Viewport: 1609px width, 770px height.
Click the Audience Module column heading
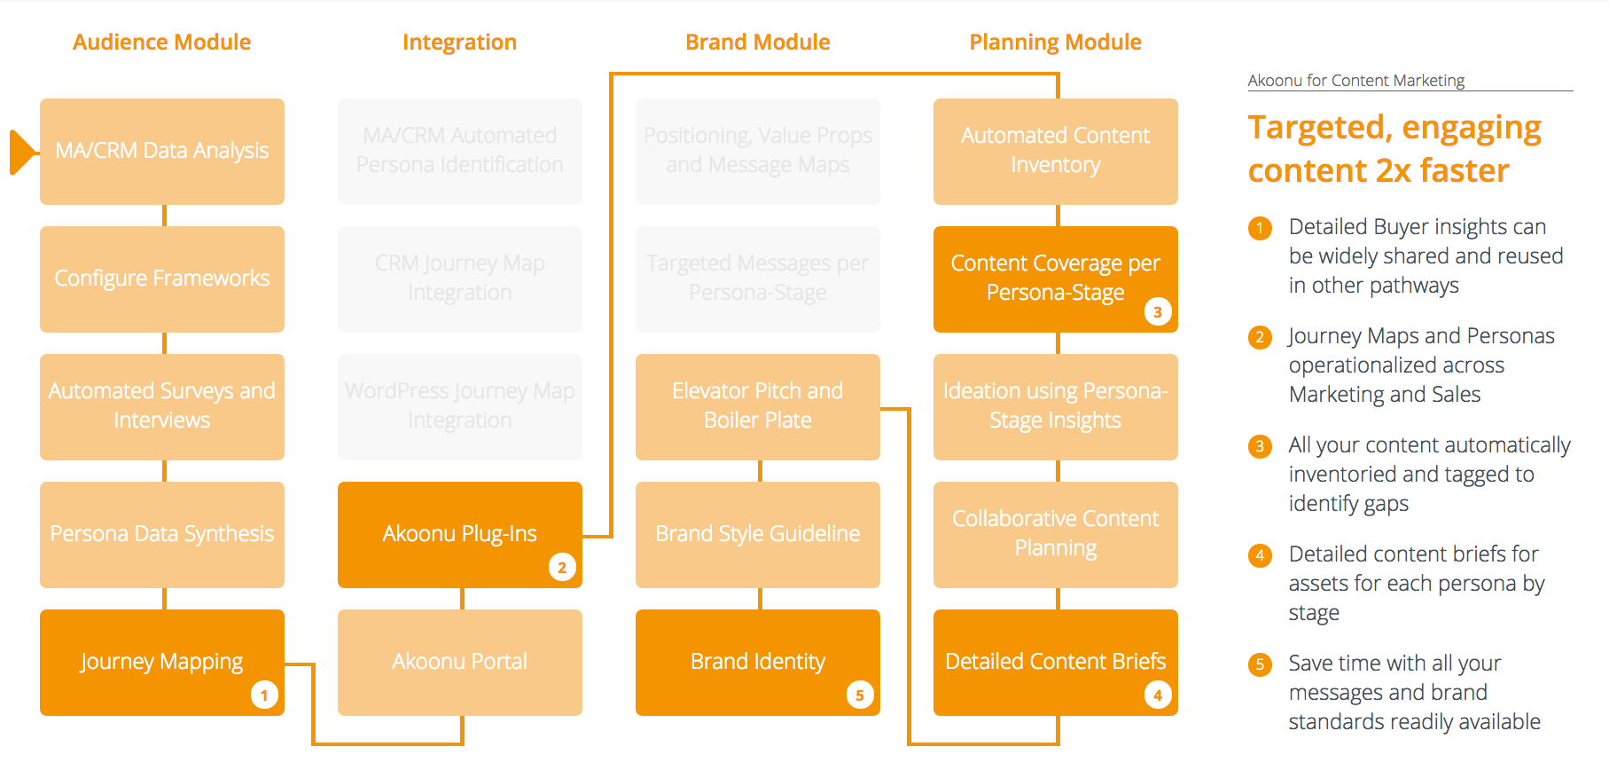[161, 42]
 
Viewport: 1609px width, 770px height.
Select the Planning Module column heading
[1055, 42]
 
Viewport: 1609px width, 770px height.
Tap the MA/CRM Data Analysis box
[162, 151]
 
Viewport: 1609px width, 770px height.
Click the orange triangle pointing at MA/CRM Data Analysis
[22, 152]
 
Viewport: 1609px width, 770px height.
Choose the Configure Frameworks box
[162, 279]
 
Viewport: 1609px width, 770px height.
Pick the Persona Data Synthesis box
[162, 534]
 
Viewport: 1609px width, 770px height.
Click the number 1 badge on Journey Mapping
[264, 695]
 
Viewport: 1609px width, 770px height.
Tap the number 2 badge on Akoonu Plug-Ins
[562, 567]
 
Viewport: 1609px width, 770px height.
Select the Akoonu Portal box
[459, 662]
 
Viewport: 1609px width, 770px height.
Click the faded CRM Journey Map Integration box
[459, 279]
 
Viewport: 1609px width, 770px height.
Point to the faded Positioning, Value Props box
[757, 151]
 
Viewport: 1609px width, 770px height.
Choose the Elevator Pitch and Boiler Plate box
[757, 406]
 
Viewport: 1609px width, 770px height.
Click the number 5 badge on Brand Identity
[860, 695]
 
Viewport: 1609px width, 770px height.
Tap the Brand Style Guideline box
[757, 534]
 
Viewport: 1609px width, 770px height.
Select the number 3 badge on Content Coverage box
[1158, 311]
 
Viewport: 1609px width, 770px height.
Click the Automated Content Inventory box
[1055, 151]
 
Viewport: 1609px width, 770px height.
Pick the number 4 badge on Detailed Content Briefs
[1158, 695]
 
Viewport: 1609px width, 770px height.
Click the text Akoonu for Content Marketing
[1355, 81]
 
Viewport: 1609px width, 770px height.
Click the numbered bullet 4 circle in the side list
[1260, 555]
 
